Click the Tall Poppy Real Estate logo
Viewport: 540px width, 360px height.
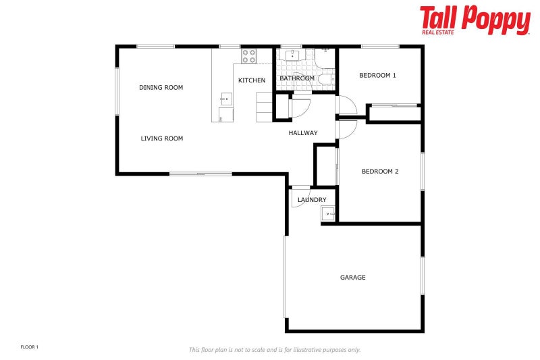475,20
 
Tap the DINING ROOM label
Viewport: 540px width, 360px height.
161,87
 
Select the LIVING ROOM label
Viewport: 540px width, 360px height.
161,138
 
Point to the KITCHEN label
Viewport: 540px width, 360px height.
252,80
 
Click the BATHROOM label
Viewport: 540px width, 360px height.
297,78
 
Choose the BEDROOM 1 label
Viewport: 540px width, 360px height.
377,75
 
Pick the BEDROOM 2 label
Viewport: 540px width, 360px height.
380,172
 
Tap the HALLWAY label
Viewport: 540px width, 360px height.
303,133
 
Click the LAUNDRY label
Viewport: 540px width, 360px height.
312,200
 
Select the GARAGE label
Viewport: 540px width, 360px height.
352,277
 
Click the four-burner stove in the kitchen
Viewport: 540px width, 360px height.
248,55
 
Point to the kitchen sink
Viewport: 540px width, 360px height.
225,100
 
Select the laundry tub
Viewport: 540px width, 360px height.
328,214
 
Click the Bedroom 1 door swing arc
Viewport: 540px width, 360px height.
347,107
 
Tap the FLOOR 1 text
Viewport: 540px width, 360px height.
30,347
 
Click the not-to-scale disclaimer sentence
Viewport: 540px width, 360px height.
274,349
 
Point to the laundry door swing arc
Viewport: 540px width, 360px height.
300,197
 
